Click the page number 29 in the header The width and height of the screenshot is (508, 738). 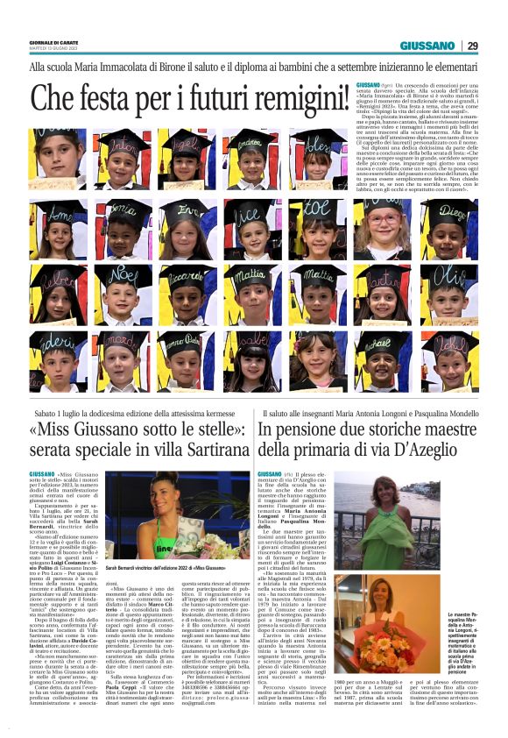pos(472,46)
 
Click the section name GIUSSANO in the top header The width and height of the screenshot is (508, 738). pos(427,46)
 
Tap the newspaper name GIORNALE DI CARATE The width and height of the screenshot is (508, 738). pos(53,39)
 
